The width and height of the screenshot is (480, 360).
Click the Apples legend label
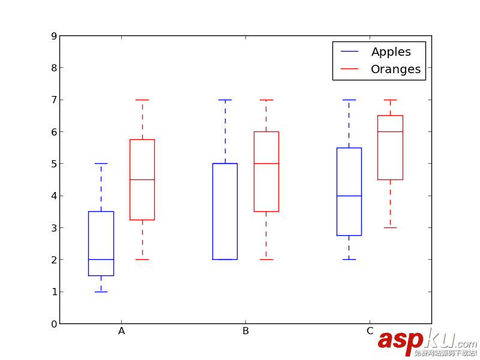[391, 52]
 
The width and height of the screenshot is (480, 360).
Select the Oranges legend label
[395, 69]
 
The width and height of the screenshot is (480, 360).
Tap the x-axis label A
[122, 331]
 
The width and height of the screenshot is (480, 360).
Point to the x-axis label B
[245, 331]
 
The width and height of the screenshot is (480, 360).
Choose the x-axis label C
[370, 331]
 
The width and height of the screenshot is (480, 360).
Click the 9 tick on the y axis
[54, 36]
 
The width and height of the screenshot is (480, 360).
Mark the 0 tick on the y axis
[54, 324]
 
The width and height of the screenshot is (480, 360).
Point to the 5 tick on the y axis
[54, 164]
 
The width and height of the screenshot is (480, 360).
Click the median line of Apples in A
[101, 259]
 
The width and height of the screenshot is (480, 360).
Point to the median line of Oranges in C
[390, 131]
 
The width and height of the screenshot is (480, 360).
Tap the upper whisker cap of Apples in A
[101, 163]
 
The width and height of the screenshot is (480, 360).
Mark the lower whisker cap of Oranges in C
[390, 227]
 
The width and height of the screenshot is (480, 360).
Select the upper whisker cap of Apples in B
[225, 100]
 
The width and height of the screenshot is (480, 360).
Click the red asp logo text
[400, 340]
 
